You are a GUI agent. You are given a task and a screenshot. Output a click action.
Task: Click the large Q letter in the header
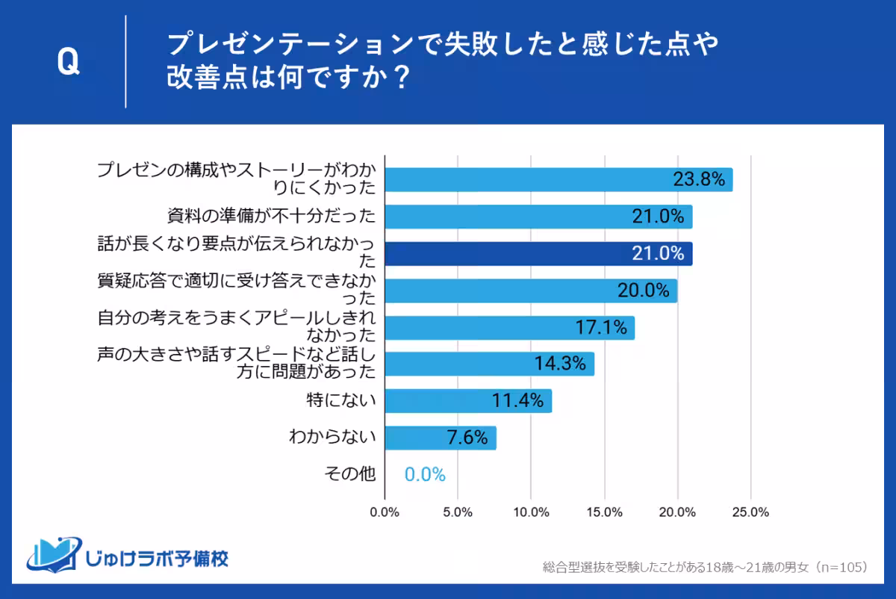(68, 63)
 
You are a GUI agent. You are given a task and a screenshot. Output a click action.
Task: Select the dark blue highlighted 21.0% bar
(538, 254)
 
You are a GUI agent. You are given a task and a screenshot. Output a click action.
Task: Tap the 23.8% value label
(699, 179)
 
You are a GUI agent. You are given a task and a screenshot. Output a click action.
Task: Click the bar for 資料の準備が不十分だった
(538, 217)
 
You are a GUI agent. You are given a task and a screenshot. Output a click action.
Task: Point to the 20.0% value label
(643, 291)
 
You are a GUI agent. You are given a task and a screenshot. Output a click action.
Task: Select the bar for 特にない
(468, 401)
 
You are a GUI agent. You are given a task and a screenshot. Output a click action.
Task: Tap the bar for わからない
(441, 438)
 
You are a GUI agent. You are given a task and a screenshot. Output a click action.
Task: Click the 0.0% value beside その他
(425, 475)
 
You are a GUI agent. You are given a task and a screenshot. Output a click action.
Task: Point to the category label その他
(349, 474)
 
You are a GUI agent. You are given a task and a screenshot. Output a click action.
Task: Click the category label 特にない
(342, 401)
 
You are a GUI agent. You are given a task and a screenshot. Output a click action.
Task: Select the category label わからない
(332, 438)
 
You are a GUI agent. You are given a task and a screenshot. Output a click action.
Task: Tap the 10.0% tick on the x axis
(531, 512)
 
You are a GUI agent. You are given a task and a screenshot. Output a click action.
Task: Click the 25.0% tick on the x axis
(750, 512)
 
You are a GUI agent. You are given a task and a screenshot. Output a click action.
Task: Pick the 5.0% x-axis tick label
(458, 512)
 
